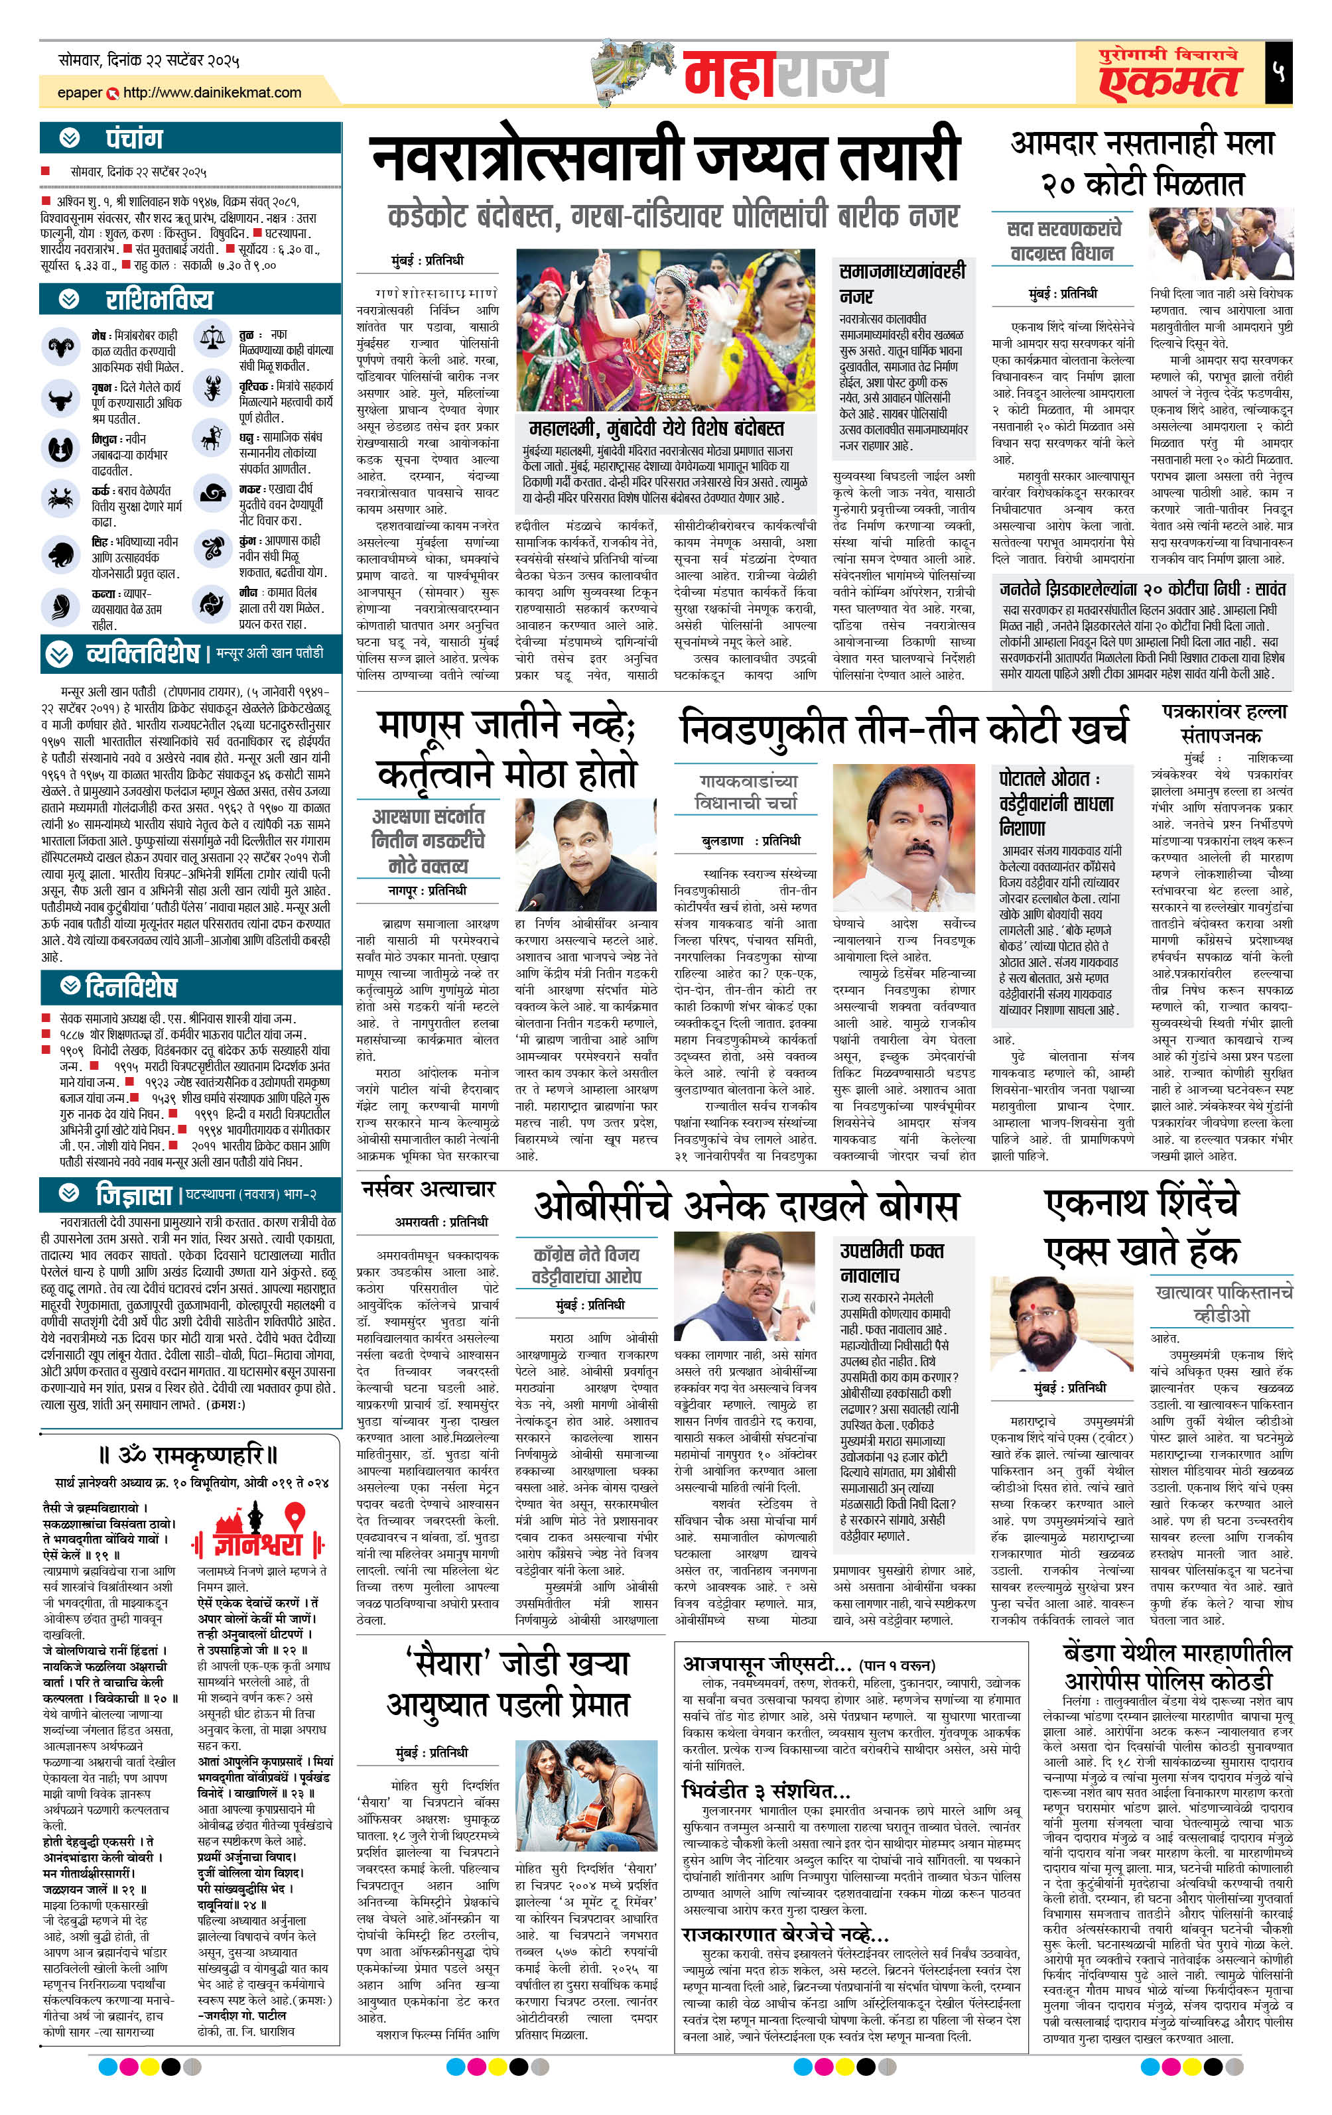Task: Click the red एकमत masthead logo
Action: click(x=1169, y=78)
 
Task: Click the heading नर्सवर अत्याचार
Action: click(x=428, y=1189)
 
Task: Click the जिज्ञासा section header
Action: click(x=133, y=1194)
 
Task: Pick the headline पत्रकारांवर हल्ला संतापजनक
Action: click(x=1223, y=723)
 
